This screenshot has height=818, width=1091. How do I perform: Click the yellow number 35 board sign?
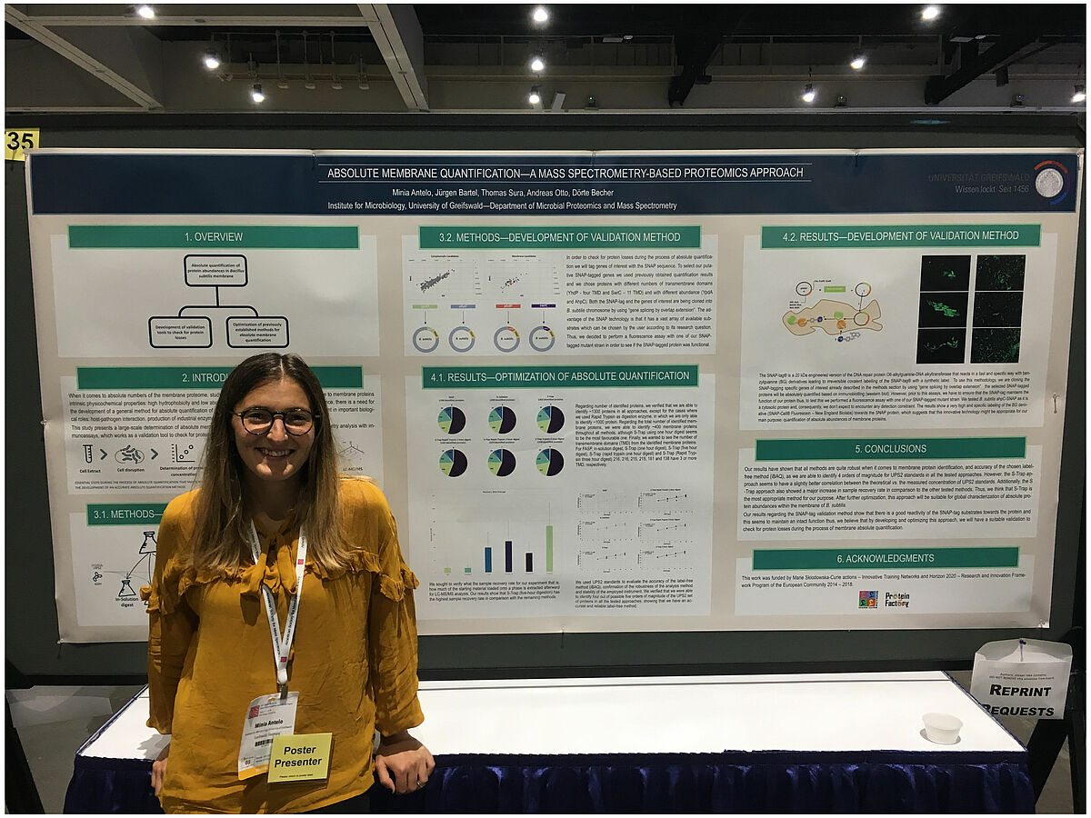(x=21, y=144)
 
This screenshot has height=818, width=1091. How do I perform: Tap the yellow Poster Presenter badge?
(x=299, y=756)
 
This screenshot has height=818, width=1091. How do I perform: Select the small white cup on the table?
(x=941, y=727)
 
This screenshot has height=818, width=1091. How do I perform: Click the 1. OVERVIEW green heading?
(x=214, y=237)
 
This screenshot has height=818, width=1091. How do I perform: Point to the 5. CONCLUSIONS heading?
(x=889, y=449)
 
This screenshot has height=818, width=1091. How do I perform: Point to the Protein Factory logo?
(x=896, y=599)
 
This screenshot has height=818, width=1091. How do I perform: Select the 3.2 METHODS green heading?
(x=559, y=237)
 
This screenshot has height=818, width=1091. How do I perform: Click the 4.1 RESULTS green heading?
(x=559, y=376)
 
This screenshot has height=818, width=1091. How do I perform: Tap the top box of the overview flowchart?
(x=215, y=271)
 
